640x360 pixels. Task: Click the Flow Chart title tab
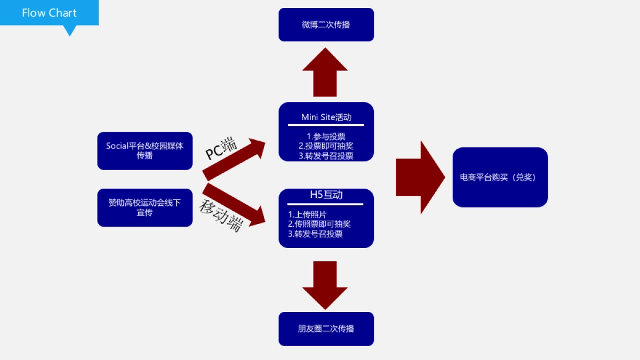coord(49,13)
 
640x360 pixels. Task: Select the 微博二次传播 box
coord(326,25)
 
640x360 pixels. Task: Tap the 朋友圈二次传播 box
coord(326,329)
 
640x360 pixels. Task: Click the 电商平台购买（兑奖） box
coord(500,178)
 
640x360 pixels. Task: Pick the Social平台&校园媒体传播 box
coord(145,151)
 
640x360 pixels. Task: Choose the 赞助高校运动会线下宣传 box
coord(145,207)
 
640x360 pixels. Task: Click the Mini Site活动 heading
coord(326,117)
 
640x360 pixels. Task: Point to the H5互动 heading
coord(326,195)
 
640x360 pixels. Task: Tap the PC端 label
coord(222,148)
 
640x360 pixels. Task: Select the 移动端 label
coord(221,214)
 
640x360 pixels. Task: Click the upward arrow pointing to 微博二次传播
coord(325,72)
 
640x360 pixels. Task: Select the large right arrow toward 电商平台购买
coord(420,178)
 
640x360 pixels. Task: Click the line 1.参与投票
coord(326,137)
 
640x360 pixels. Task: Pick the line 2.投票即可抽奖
coord(326,146)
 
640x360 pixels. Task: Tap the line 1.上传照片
coord(307,214)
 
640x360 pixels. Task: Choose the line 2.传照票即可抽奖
coord(319,224)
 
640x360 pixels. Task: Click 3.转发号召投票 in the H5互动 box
coord(315,234)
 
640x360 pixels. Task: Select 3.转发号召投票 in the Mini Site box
coord(326,156)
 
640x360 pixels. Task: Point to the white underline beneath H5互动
coord(325,204)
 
